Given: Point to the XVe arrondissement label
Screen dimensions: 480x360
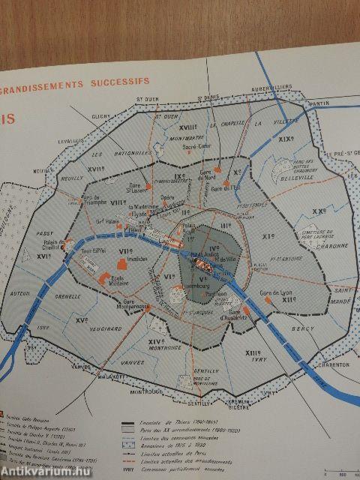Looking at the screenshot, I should point(82,321).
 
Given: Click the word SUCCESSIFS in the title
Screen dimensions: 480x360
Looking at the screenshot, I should point(123,80).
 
